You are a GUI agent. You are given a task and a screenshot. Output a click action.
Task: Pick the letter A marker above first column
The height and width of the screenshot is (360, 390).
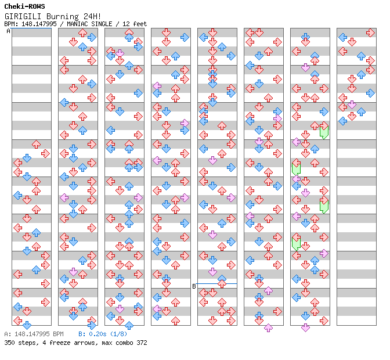[x=9, y=31]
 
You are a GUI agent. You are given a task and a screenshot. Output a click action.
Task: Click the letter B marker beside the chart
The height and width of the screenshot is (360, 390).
[x=194, y=286]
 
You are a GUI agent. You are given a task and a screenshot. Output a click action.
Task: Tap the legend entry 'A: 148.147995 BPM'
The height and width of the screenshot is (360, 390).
[x=34, y=334]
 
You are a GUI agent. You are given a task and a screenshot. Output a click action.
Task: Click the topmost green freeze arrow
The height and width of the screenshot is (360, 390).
[x=324, y=131]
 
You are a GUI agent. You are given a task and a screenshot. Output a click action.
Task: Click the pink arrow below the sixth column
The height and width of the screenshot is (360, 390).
[x=268, y=328]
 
